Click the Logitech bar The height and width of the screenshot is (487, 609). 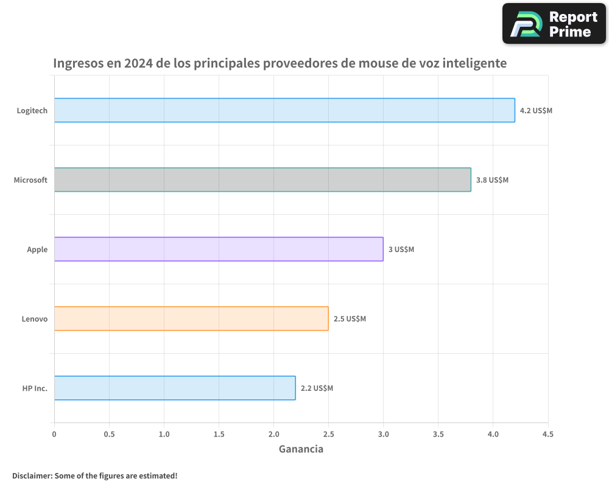point(284,110)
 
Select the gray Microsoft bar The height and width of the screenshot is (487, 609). point(262,180)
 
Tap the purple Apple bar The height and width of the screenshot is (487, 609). point(219,249)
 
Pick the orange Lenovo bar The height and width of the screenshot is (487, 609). point(191,318)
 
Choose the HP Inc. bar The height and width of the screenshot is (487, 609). point(175,388)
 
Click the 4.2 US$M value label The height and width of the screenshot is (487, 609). point(536,111)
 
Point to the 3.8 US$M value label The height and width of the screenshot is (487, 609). point(492,180)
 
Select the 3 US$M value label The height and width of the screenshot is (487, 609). point(401,250)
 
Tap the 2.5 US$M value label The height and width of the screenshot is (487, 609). point(350,319)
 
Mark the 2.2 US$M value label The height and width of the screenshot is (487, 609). point(317,388)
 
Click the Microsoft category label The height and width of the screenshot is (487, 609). point(30,180)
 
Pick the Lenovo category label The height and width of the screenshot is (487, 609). point(34,319)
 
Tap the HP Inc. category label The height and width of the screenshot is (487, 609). point(35,388)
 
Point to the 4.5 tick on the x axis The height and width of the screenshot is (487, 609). point(547,434)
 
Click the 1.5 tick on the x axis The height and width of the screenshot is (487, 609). point(219,434)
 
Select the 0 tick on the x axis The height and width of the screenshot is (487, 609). point(54,434)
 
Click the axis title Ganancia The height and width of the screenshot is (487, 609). point(301,449)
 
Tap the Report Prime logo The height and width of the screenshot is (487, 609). point(554,24)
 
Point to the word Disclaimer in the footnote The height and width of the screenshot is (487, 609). point(31,475)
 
